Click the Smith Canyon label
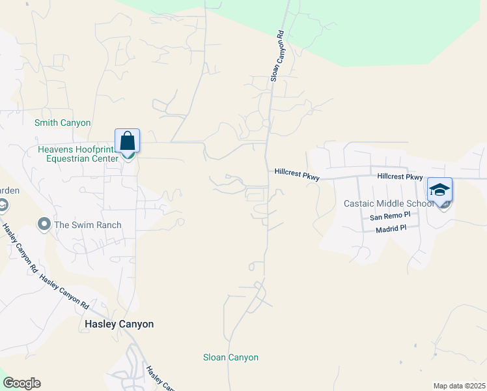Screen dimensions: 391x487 [x=63, y=123]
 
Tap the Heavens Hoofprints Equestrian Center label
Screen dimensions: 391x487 [x=77, y=154]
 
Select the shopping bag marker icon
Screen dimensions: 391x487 [x=128, y=141]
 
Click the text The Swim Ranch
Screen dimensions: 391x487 [x=88, y=225]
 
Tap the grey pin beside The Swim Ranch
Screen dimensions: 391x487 [x=44, y=225]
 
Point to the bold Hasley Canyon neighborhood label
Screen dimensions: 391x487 [x=119, y=324]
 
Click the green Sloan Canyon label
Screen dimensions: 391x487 [x=230, y=357]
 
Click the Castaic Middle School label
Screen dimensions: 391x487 [x=389, y=203]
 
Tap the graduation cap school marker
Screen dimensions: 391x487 [x=439, y=190]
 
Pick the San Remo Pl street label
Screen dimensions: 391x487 [x=390, y=216]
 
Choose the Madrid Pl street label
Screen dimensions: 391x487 [x=391, y=228]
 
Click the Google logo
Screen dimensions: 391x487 [x=21, y=383]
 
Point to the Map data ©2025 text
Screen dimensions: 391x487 [x=459, y=386]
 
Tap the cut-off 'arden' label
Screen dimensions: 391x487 [x=9, y=190]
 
